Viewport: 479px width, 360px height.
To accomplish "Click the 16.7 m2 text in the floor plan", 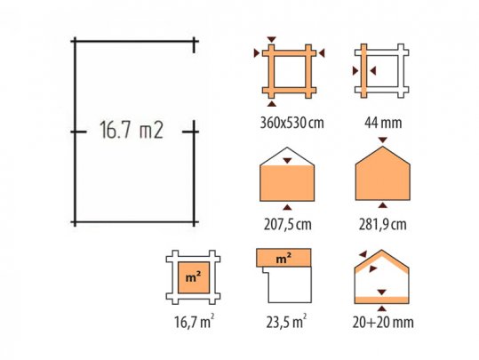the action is [132, 130].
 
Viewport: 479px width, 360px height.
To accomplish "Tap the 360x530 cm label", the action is [291, 123].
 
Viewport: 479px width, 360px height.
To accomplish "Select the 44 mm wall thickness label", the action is [383, 123].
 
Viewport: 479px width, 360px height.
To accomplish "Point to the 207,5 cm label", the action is [288, 225].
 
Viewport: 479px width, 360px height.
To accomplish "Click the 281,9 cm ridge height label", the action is [383, 225].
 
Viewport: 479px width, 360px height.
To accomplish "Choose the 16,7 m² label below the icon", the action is [194, 322].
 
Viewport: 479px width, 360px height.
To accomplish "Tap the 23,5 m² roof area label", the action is [286, 322].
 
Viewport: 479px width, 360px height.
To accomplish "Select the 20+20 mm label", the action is [383, 323].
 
